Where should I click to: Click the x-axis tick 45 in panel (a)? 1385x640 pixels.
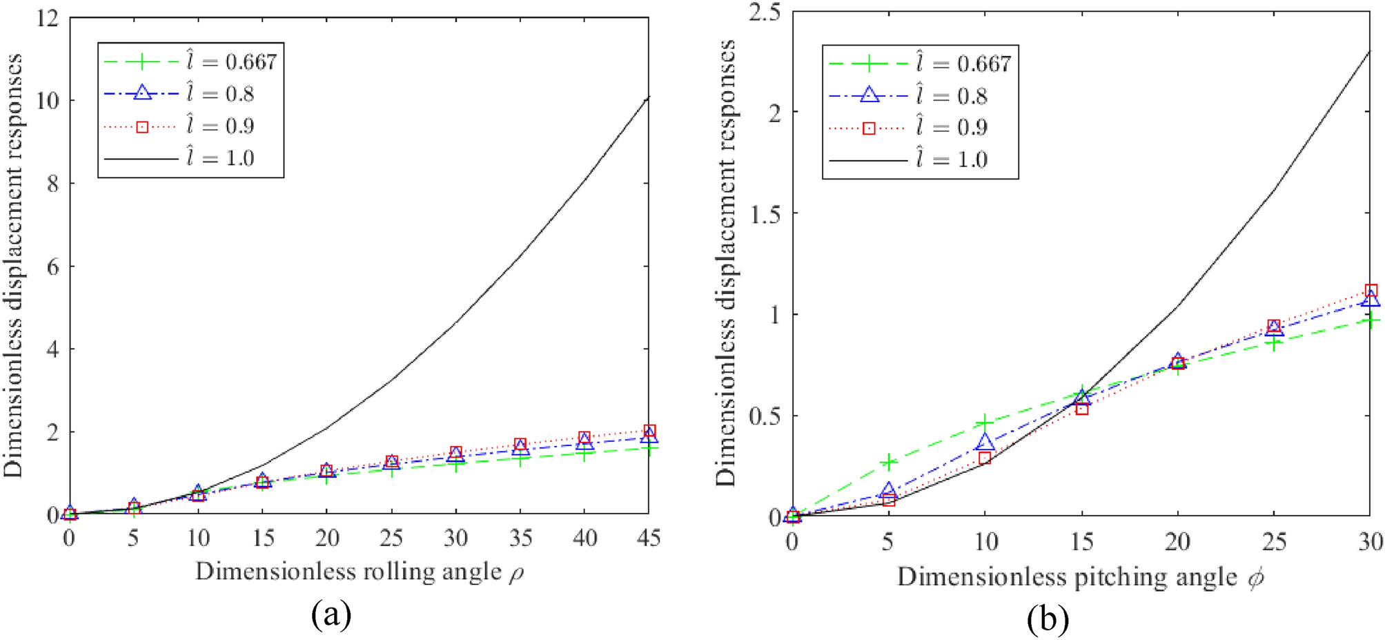click(x=647, y=539)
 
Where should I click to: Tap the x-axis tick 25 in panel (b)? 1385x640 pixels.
click(x=1273, y=543)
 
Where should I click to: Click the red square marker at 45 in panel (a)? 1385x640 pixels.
click(x=649, y=431)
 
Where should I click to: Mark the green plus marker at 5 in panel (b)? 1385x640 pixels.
click(x=889, y=461)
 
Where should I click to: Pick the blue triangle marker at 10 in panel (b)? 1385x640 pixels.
click(x=985, y=442)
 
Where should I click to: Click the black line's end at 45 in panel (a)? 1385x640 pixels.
click(x=649, y=97)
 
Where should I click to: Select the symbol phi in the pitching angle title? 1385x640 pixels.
click(x=1256, y=578)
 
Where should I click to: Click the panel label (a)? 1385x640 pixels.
click(x=331, y=613)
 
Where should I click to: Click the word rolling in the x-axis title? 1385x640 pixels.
click(x=395, y=572)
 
